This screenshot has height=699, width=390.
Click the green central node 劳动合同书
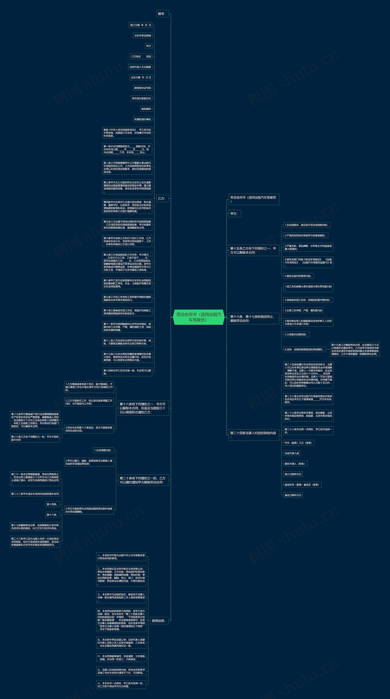[x=199, y=317]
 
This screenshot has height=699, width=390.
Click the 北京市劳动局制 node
[x=143, y=36]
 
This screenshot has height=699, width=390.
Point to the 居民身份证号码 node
[x=142, y=88]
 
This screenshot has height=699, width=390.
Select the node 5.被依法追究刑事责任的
[x=298, y=276]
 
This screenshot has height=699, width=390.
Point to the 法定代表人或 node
[x=292, y=453]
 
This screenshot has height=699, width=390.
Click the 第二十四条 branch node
[x=253, y=434]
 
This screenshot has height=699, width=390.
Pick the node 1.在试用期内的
[x=103, y=450]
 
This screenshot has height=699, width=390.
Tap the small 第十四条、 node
[x=52, y=504]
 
